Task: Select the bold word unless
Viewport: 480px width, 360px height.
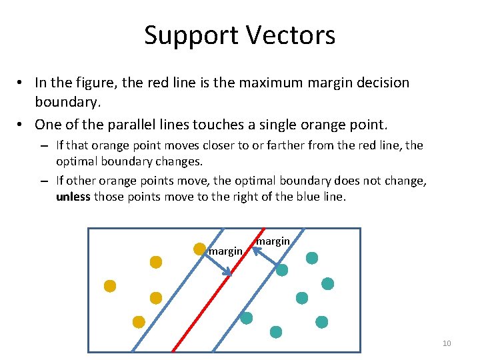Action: pyautogui.click(x=73, y=197)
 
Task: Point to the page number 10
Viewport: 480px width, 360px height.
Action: pyautogui.click(x=447, y=343)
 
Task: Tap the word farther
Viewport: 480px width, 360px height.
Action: pyautogui.click(x=265, y=145)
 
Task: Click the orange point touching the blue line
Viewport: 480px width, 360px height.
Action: pyautogui.click(x=199, y=249)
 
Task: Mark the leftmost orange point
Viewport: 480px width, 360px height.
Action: pyautogui.click(x=110, y=286)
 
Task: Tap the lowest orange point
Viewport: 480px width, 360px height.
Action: pyautogui.click(x=139, y=322)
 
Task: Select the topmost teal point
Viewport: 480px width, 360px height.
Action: pyautogui.click(x=312, y=258)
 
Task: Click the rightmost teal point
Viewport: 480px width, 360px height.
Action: pyautogui.click(x=328, y=283)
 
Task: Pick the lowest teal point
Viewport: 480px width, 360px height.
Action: pyautogui.click(x=275, y=331)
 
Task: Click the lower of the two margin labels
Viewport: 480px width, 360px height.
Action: pyautogui.click(x=225, y=251)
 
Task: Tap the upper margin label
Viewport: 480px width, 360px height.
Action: pyautogui.click(x=273, y=241)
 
